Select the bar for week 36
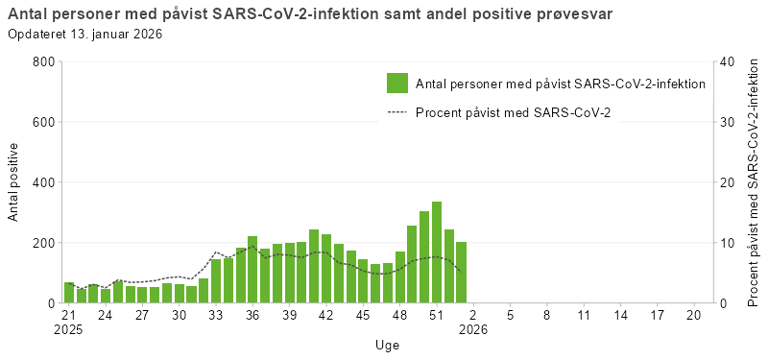coord(252,270)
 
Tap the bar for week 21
coord(69,293)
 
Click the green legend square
coord(397,84)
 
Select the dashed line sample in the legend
coord(397,112)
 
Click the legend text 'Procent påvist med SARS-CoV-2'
coord(514,112)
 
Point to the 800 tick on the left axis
coord(42,61)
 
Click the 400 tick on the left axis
coord(42,182)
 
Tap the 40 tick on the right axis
coord(727,61)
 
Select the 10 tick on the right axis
coord(727,243)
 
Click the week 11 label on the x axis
coord(584,314)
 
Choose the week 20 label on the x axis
coord(694,314)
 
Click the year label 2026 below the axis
coord(473,329)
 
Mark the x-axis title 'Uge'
coord(388,345)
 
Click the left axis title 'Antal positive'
coord(13,182)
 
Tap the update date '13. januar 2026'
coord(114,34)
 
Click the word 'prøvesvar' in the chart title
coord(577,13)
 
